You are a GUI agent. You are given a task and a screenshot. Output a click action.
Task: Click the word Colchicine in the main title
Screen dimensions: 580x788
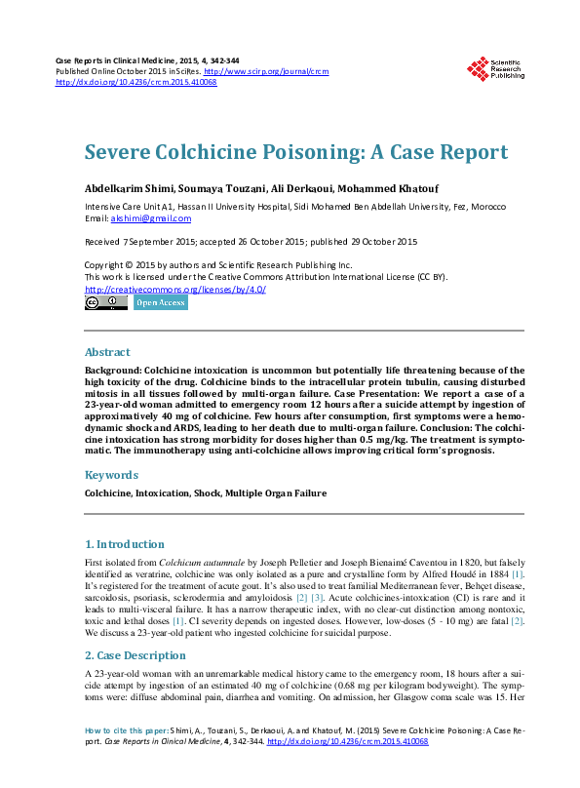click(x=218, y=152)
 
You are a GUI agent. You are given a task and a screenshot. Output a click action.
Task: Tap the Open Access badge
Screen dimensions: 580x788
click(x=160, y=302)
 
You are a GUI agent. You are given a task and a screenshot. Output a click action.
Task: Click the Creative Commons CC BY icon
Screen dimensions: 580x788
click(x=105, y=302)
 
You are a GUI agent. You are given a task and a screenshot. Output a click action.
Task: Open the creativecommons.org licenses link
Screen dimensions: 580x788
click(x=175, y=289)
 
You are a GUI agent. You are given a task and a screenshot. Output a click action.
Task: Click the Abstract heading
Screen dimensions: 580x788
click(x=107, y=352)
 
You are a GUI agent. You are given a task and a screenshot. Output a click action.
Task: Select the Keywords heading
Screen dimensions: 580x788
click(x=111, y=475)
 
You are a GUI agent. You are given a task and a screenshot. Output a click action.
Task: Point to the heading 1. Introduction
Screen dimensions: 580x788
click(x=125, y=544)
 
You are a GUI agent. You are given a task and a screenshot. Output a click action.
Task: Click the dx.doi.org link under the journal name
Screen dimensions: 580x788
click(x=135, y=83)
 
